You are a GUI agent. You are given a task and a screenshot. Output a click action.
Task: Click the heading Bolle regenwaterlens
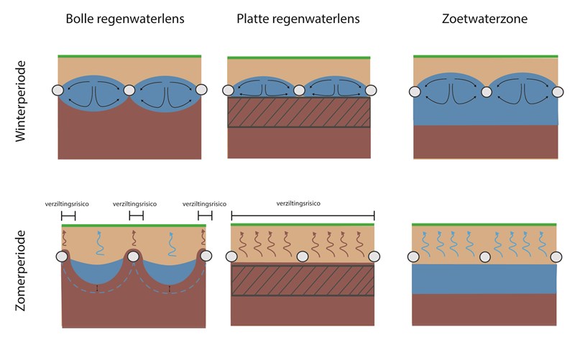(125, 19)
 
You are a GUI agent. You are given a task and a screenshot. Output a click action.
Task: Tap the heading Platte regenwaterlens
(298, 19)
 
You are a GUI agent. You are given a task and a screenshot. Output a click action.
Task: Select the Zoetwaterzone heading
(484, 19)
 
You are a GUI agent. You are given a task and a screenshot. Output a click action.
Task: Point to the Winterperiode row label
(21, 101)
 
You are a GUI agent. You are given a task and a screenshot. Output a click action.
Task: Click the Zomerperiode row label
(21, 271)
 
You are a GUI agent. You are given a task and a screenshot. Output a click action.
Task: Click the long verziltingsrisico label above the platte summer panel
(298, 203)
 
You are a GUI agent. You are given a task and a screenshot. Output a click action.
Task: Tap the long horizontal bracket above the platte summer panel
(303, 216)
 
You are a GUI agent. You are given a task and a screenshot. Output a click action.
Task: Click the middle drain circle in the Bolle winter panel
(129, 91)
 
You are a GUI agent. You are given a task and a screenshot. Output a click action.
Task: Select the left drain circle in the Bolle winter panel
(58, 91)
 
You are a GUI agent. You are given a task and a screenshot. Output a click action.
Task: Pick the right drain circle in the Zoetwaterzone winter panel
(558, 92)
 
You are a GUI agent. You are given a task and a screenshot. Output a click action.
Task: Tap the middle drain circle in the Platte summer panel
(303, 257)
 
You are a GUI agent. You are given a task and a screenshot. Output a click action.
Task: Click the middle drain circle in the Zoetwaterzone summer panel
(484, 257)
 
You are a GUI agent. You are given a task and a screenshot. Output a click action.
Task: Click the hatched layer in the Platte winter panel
(299, 112)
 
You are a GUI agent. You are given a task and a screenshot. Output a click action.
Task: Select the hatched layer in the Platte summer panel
(303, 280)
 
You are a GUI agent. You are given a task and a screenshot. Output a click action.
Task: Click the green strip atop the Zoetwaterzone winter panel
(486, 57)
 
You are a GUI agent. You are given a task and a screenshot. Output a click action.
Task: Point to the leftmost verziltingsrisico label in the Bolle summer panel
(67, 204)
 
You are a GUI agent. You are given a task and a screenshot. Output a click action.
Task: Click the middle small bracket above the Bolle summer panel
(136, 216)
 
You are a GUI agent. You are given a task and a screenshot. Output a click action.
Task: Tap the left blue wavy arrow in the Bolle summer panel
(99, 243)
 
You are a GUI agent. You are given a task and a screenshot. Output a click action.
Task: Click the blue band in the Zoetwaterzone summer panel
(484, 279)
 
